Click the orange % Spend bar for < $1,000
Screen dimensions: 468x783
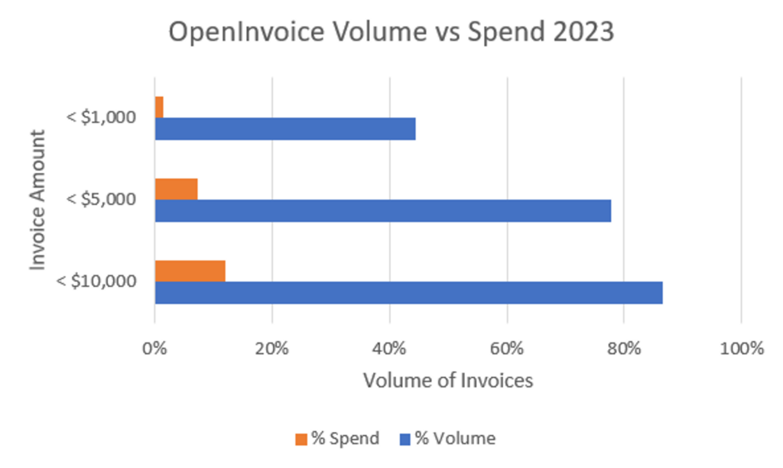click(159, 107)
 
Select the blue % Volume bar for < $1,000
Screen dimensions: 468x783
click(284, 128)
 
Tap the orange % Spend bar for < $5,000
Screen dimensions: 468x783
click(176, 189)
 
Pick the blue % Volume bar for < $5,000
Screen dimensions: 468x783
click(382, 210)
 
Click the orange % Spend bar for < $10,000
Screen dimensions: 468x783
click(190, 271)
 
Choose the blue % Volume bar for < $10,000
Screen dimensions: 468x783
click(408, 292)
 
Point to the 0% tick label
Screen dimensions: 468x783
click(155, 348)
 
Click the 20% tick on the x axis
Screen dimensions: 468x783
click(272, 348)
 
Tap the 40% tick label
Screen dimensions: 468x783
click(389, 348)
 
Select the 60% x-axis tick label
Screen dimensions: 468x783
click(506, 348)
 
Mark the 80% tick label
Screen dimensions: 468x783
click(624, 348)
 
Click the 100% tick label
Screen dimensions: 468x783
click(741, 348)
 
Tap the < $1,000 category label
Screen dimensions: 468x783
click(101, 118)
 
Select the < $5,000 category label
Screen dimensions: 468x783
click(101, 200)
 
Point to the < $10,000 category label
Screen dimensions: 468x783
click(97, 281)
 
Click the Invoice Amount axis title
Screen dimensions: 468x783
click(39, 200)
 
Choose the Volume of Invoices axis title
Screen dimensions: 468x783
click(448, 380)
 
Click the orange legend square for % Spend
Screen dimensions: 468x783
click(301, 439)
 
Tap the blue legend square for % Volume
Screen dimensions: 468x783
click(405, 439)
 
